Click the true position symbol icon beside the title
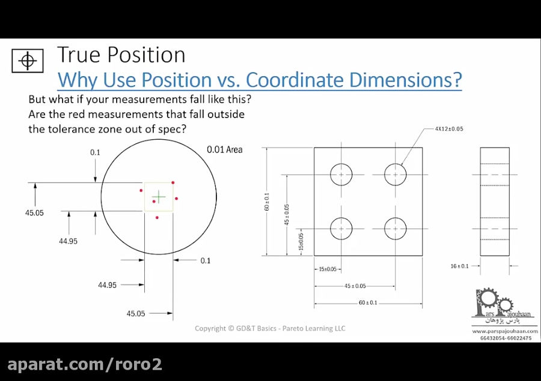click(x=27, y=60)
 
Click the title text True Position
click(x=121, y=55)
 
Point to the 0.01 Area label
click(x=224, y=149)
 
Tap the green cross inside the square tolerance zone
click(x=159, y=197)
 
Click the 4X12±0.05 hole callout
click(x=448, y=129)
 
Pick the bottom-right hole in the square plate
click(x=395, y=228)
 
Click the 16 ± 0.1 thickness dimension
click(x=461, y=266)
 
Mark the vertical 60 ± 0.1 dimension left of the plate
click(x=267, y=201)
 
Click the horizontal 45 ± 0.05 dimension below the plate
click(x=355, y=286)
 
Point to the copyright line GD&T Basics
click(x=270, y=328)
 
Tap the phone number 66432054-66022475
click(x=505, y=338)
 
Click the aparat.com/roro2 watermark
click(x=84, y=364)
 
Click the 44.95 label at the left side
click(x=68, y=241)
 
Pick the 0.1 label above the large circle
click(x=95, y=152)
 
